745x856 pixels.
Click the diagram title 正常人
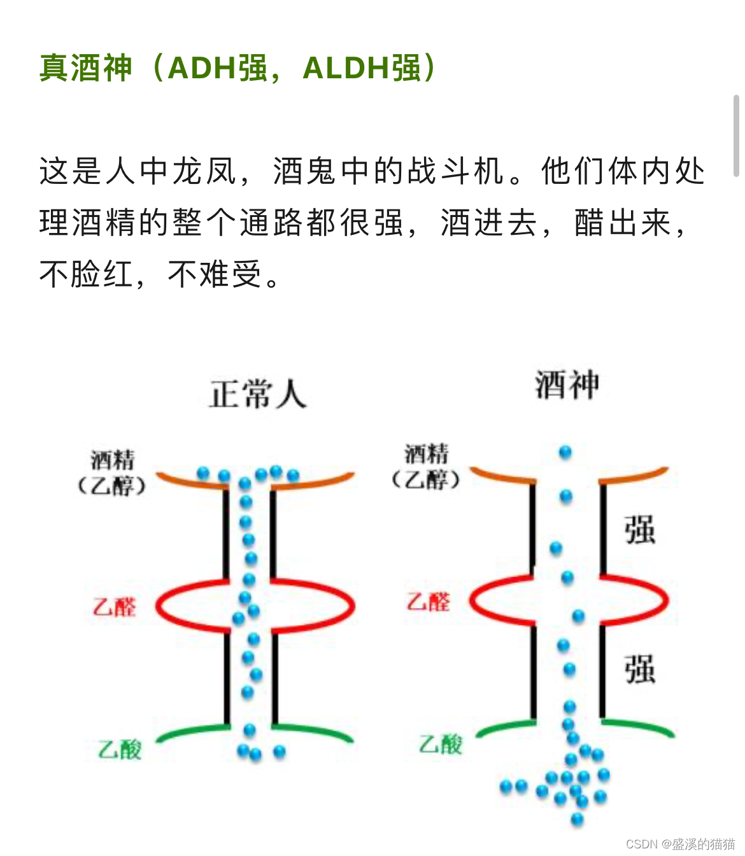(258, 394)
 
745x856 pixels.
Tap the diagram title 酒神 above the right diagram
(567, 385)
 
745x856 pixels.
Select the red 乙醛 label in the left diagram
(115, 607)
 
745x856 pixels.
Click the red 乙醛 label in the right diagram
(429, 601)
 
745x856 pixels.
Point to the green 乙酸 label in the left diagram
(120, 749)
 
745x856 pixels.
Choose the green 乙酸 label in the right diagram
(441, 743)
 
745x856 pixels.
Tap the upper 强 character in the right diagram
(639, 530)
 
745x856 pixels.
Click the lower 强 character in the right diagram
(639, 669)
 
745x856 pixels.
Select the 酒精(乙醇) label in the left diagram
(112, 473)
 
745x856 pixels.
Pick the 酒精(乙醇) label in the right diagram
(426, 467)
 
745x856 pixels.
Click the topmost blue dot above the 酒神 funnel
(565, 453)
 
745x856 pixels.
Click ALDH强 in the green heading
(362, 68)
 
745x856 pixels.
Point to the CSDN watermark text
(679, 844)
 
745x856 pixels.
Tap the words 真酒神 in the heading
(85, 68)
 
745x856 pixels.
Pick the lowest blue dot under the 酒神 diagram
(578, 818)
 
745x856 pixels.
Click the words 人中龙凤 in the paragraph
(171, 171)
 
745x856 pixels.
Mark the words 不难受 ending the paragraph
(215, 275)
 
